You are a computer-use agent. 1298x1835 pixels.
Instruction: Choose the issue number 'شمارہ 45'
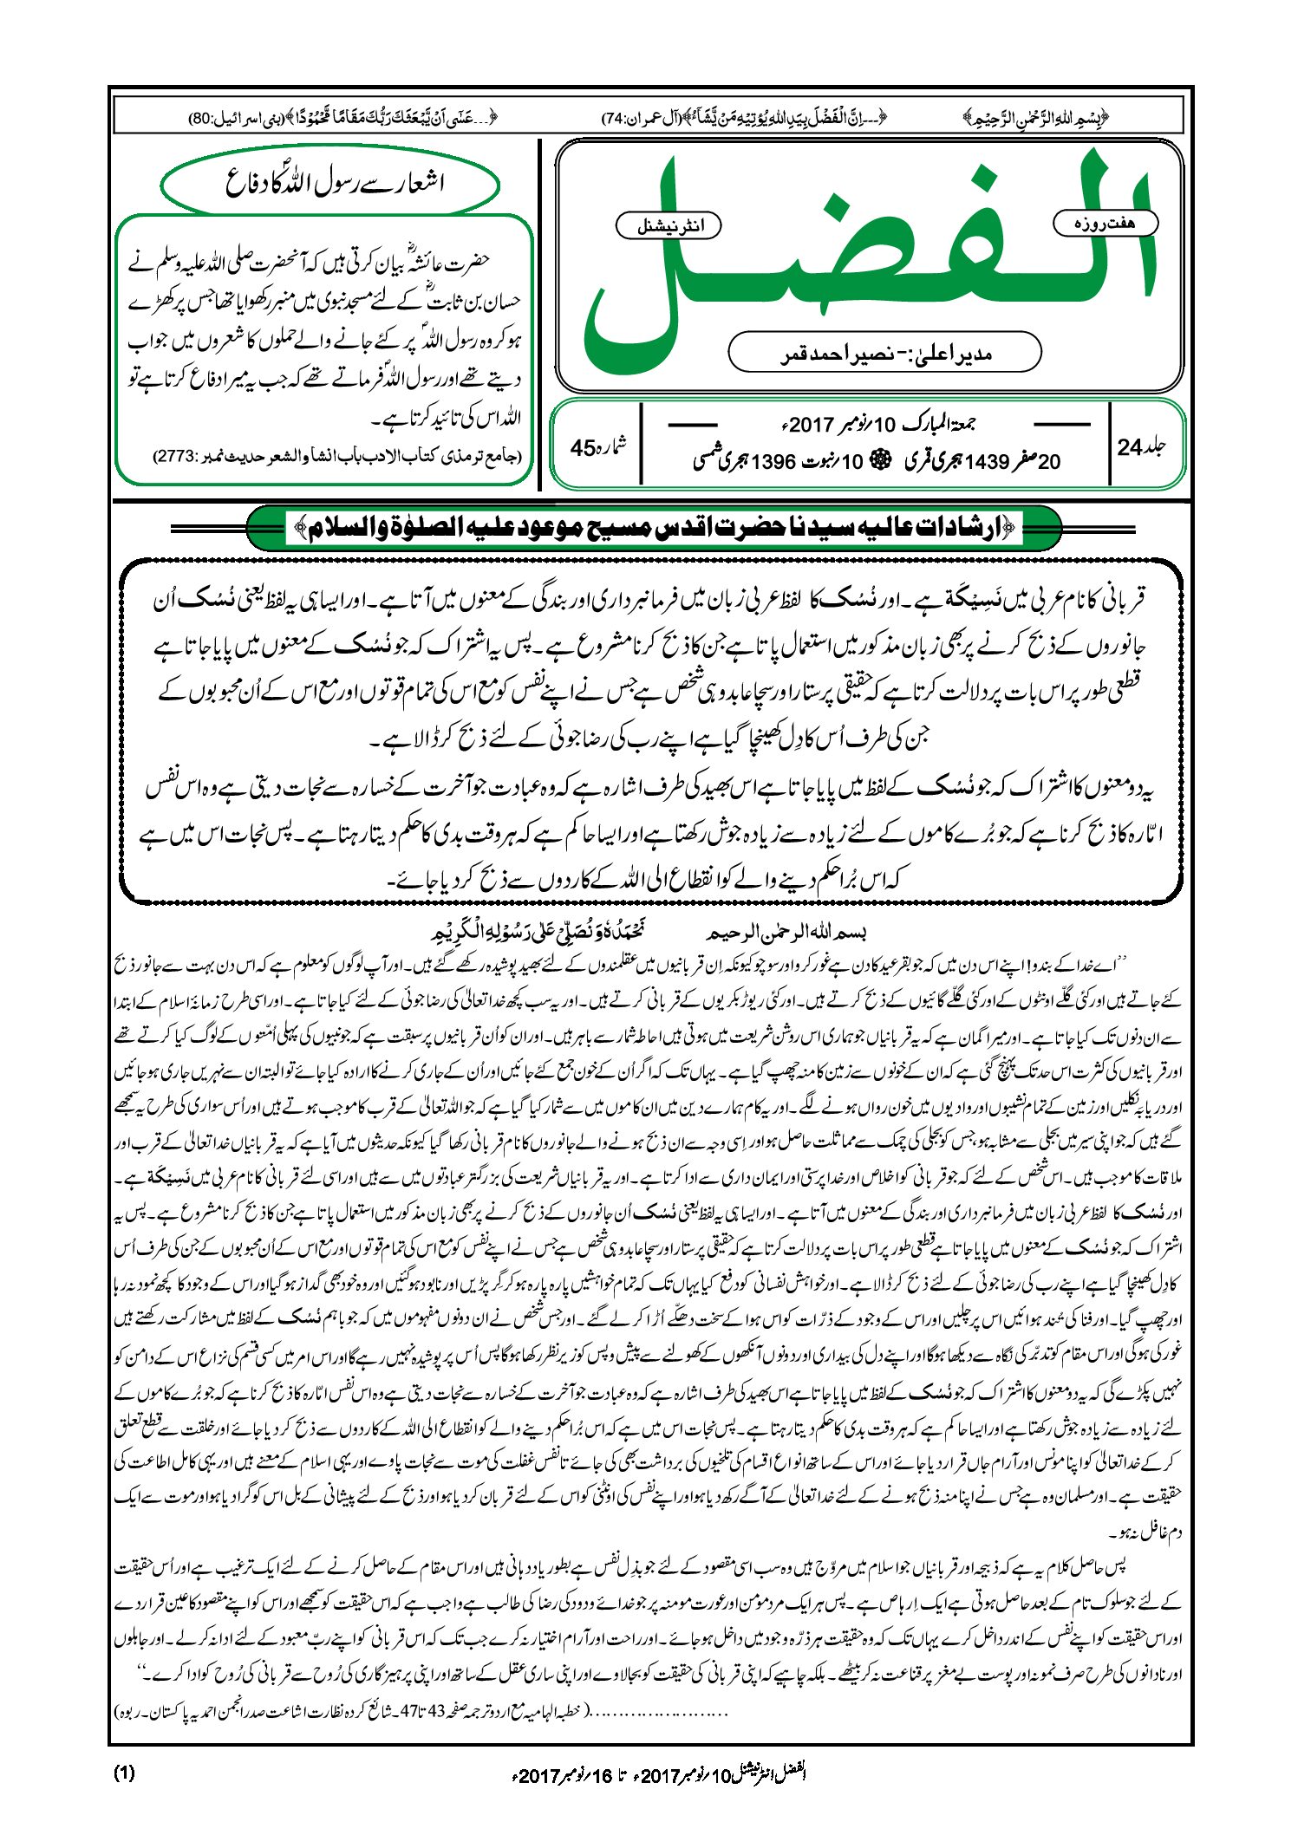(598, 447)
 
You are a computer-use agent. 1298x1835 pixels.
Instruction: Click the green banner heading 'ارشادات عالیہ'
(655, 527)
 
